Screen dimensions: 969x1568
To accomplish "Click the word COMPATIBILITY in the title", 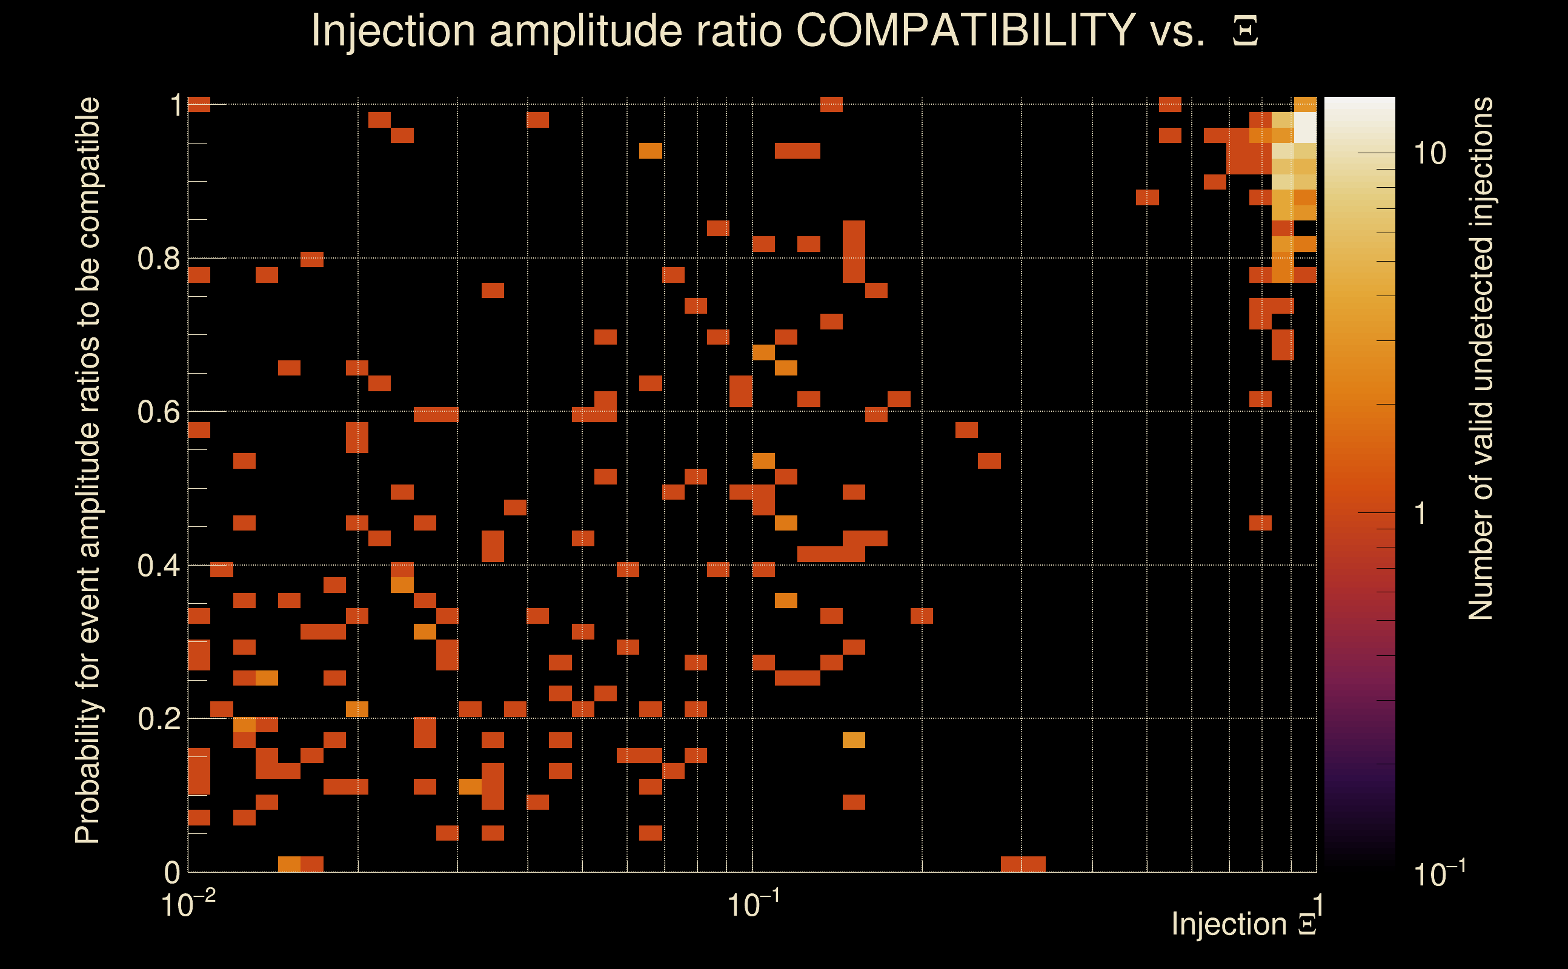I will (965, 30).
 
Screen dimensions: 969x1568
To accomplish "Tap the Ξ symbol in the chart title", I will (1245, 31).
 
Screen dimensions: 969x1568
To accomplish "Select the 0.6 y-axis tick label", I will (158, 411).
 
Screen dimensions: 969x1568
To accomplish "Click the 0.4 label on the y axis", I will (158, 565).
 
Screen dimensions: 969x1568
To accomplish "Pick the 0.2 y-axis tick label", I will (158, 718).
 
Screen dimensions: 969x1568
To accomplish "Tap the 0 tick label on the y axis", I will (172, 872).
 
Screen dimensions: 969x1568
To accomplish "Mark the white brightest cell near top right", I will (1304, 127).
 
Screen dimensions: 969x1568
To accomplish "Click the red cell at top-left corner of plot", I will (199, 104).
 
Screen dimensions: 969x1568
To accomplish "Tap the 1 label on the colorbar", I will (1421, 514).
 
